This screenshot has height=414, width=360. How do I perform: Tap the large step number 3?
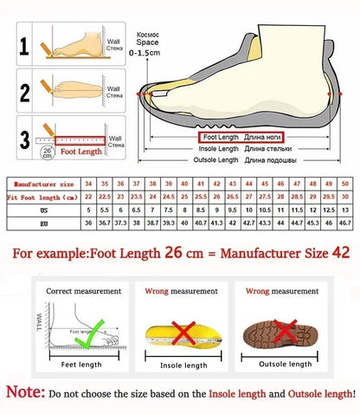point(24,136)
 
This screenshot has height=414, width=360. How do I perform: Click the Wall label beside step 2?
point(112,89)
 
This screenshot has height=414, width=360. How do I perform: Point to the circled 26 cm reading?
point(46,152)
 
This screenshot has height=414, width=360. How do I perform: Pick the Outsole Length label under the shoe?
point(216,160)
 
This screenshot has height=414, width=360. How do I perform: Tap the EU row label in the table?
point(41,223)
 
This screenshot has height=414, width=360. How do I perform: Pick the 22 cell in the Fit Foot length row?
point(88,197)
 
